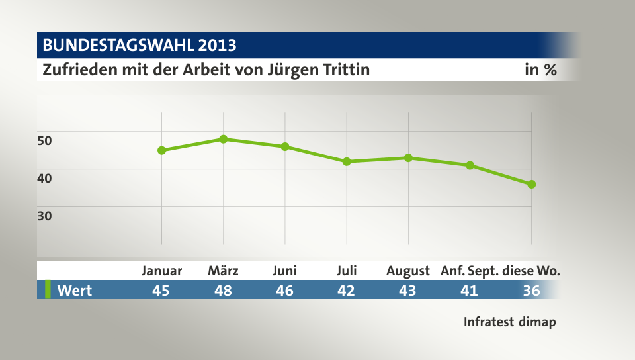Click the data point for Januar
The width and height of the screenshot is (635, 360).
coord(161,150)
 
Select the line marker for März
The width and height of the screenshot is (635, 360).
coord(224,139)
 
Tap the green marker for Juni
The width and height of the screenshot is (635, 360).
coord(285,146)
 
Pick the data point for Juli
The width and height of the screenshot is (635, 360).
coord(347,161)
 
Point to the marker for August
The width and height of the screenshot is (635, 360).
coord(408,157)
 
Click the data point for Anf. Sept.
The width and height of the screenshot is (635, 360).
coord(470,165)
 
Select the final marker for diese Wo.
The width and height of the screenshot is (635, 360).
coord(532,184)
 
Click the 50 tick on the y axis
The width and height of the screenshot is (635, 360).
coord(44,140)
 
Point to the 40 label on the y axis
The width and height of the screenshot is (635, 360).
coord(44,177)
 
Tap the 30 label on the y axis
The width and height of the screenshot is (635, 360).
coord(44,215)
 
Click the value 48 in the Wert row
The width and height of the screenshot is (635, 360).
coord(224,290)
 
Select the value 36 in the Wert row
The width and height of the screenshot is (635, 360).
coord(532,290)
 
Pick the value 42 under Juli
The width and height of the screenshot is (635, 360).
coord(347,290)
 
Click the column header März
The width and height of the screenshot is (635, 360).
coord(224,271)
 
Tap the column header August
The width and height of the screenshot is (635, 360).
coord(408,271)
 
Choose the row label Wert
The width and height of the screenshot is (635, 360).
coord(74,290)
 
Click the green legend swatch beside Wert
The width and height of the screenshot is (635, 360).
coord(48,290)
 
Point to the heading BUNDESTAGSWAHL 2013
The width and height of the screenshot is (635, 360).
coord(140,46)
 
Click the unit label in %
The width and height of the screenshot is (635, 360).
coord(540,69)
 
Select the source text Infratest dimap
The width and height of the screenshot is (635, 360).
coord(509,322)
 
